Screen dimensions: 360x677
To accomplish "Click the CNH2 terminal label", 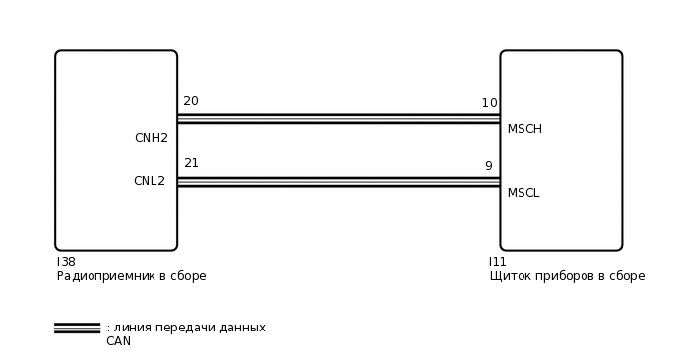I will click(151, 138).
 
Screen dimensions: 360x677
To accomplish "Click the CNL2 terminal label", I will click(150, 181).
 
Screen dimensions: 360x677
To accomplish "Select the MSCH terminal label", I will click(524, 129).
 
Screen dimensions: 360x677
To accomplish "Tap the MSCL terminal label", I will click(523, 193).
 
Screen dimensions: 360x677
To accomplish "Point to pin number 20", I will click(191, 101).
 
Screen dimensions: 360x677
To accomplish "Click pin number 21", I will click(191, 163).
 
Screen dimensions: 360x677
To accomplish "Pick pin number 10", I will click(489, 103).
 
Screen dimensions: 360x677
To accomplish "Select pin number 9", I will click(488, 166).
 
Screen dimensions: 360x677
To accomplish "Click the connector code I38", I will click(66, 262).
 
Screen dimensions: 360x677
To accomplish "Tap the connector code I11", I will click(498, 262).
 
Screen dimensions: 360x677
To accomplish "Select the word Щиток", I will click(509, 276).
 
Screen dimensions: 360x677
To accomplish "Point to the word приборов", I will click(564, 276).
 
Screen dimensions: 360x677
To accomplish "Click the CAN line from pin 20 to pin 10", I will click(338, 118).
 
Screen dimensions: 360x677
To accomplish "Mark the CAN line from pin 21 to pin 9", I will click(338, 182).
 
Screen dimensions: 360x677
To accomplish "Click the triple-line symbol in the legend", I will click(77, 329).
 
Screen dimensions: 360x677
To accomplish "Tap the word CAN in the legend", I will click(118, 341).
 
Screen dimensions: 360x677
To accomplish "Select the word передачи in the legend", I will click(186, 328).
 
